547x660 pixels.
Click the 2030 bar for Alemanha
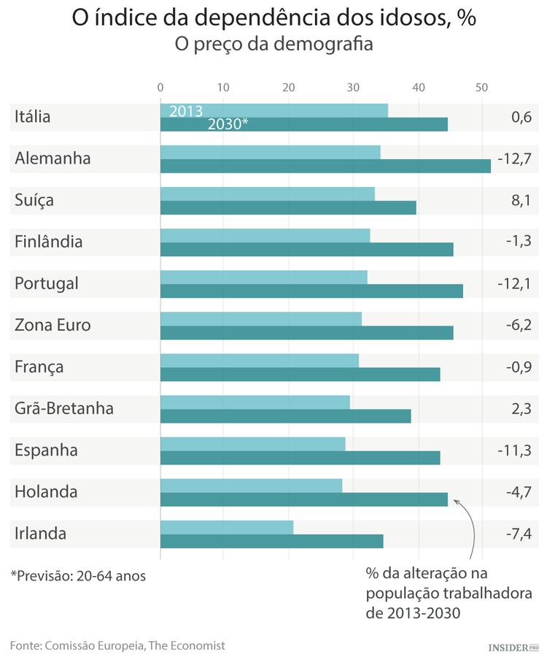[325, 166]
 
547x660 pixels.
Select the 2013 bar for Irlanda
[227, 527]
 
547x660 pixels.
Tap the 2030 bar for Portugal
[311, 291]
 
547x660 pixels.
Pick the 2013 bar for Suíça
[267, 193]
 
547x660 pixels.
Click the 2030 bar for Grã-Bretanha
[285, 416]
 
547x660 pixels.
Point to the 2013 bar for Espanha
[252, 444]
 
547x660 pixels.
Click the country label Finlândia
[48, 242]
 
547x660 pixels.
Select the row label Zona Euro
[53, 325]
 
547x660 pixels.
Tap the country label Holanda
[46, 492]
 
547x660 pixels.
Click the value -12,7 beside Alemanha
[514, 158]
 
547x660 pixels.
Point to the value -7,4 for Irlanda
[518, 534]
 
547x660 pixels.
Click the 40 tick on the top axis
[418, 88]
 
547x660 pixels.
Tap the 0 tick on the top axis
[160, 88]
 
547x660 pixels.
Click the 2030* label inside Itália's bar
[228, 124]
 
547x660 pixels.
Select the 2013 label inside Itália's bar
[186, 111]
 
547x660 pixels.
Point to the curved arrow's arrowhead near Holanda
[456, 501]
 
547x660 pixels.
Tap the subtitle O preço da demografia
[273, 45]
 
